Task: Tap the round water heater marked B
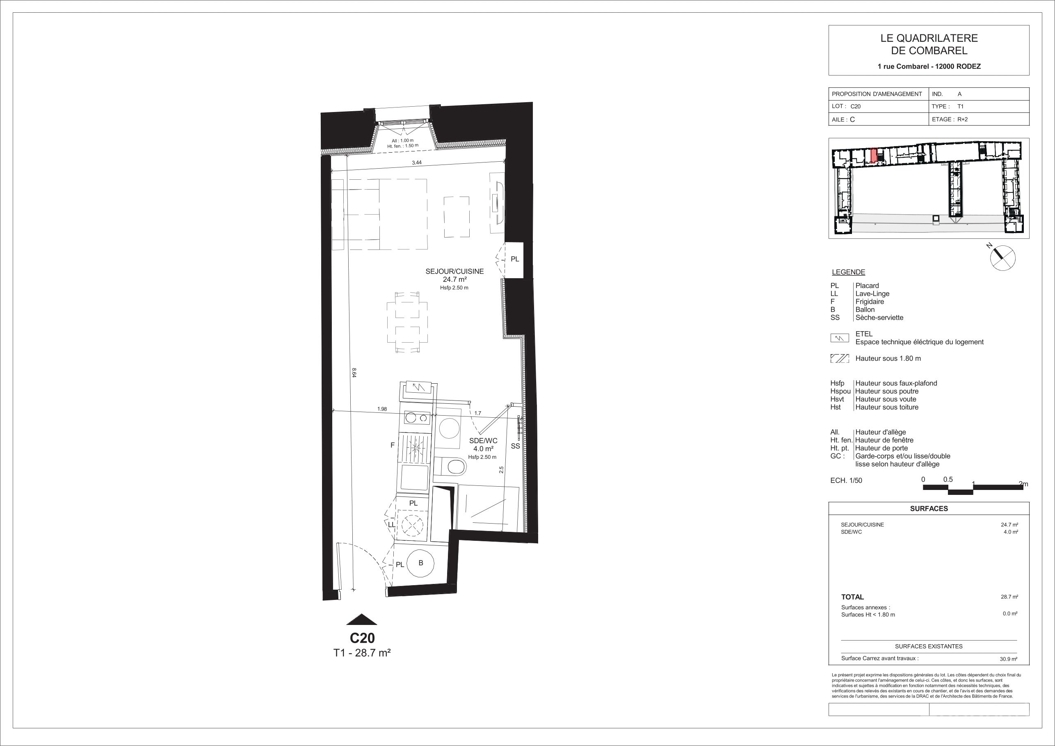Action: (421, 563)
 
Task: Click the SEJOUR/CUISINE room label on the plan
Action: (454, 271)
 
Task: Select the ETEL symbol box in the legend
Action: (839, 338)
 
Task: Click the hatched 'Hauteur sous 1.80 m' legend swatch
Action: (839, 359)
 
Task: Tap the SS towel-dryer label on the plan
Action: (515, 446)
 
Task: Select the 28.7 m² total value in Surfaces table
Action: (1009, 597)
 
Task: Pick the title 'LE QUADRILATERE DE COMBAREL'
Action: (929, 45)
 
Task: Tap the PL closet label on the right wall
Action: (515, 259)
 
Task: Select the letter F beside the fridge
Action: (393, 445)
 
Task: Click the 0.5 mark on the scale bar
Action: (948, 479)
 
